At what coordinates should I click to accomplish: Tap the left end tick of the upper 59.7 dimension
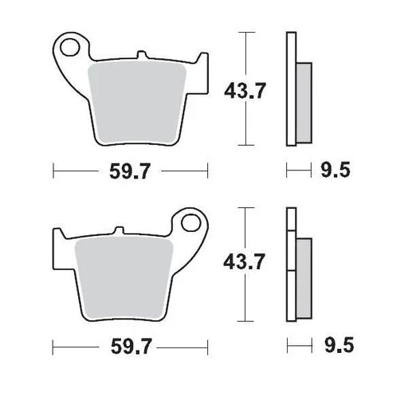[53, 170]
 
